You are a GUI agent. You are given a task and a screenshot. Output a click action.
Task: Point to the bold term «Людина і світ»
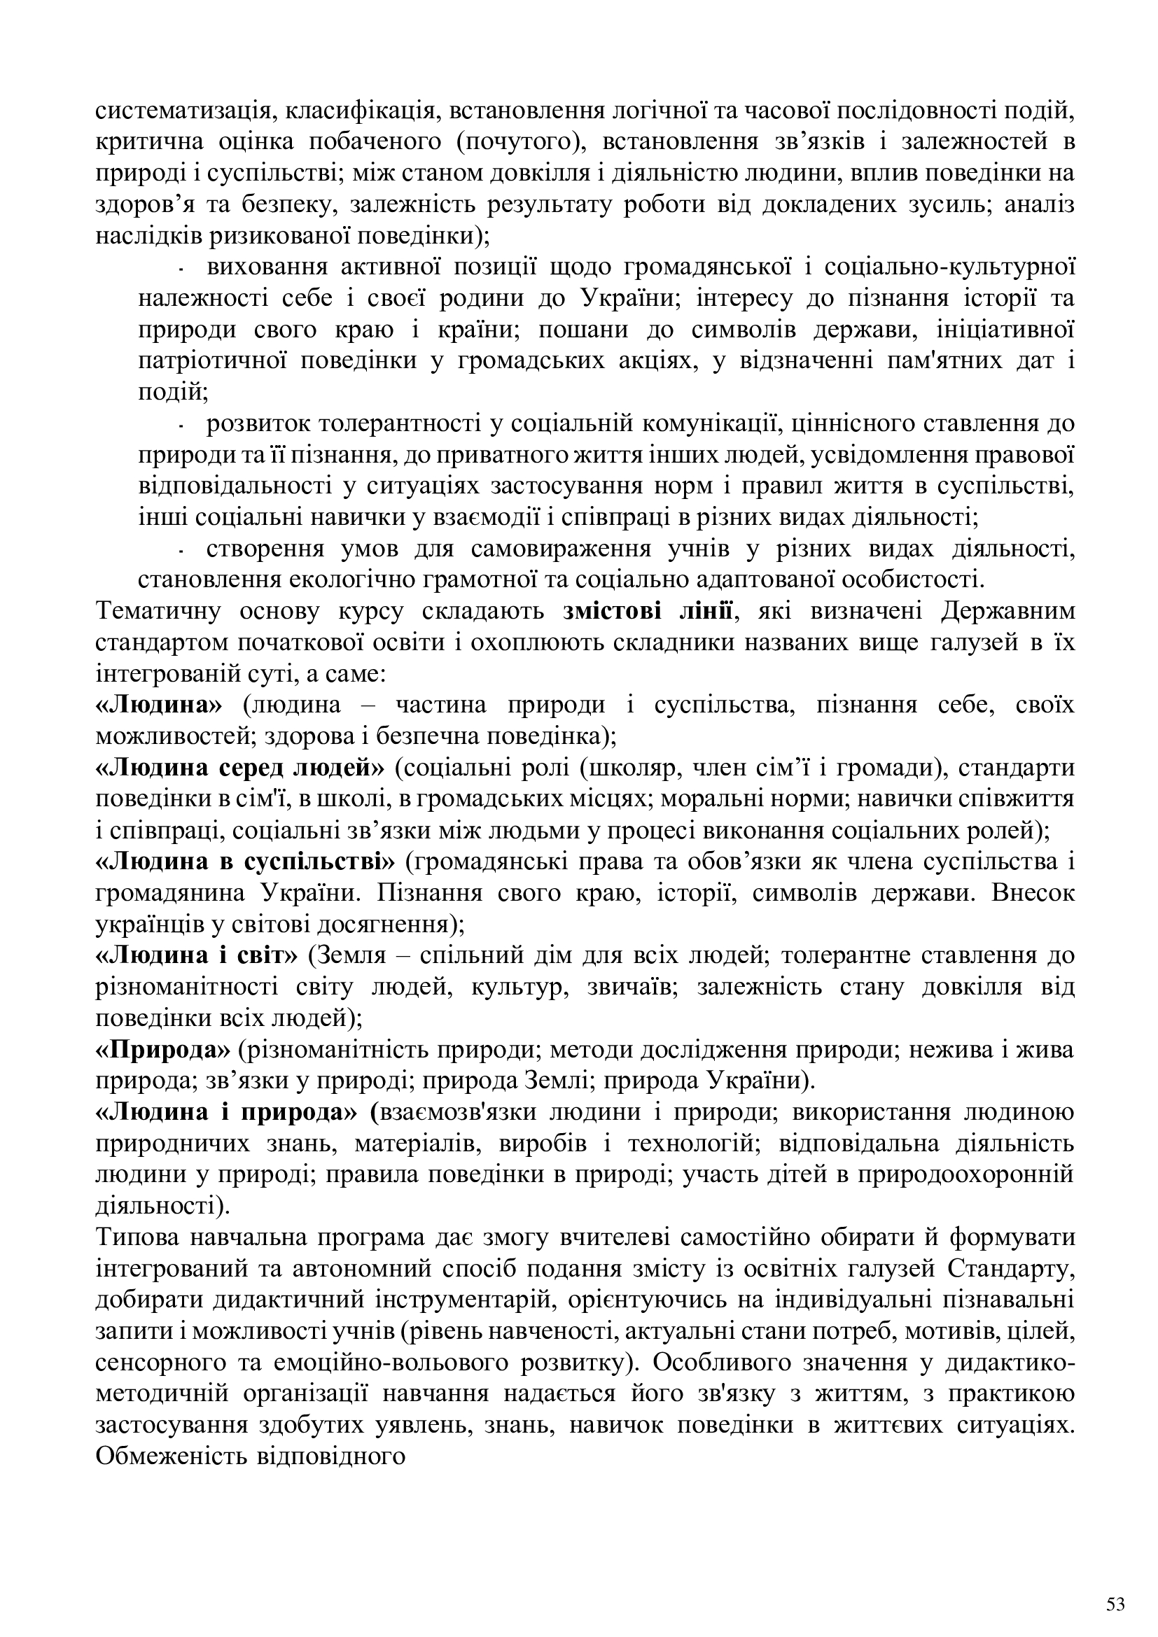coord(196,955)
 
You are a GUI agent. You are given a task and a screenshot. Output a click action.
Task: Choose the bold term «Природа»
coord(162,1050)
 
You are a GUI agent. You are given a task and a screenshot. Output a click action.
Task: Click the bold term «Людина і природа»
coord(226,1112)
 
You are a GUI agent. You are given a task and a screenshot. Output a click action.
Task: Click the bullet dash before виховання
coord(183,269)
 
